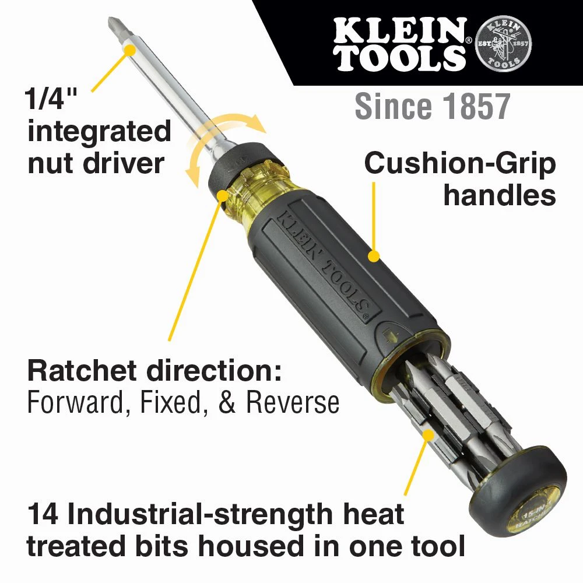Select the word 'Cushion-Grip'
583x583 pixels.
(460, 166)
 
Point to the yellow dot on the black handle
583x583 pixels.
(374, 255)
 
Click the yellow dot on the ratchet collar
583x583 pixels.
(222, 195)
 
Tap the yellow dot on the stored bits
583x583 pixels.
(429, 434)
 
